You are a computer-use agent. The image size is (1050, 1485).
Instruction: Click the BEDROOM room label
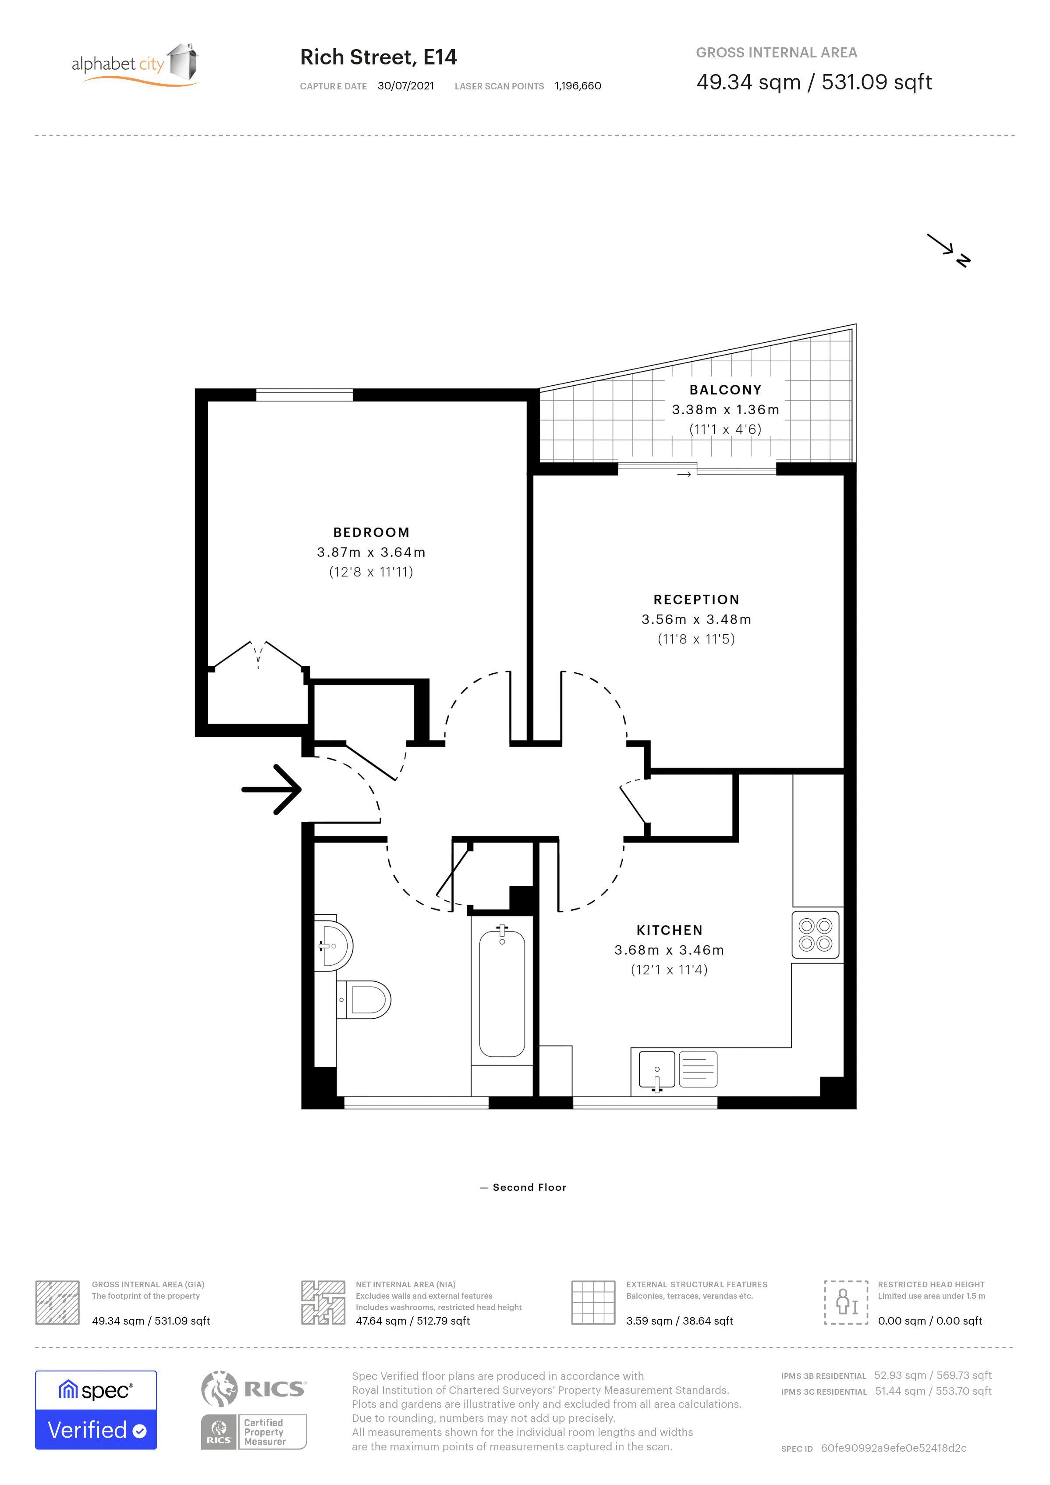(371, 532)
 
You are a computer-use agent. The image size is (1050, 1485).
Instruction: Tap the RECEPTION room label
(696, 600)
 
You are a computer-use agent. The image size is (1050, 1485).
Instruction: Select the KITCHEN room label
(669, 930)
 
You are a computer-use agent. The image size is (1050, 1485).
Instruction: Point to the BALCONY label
(725, 389)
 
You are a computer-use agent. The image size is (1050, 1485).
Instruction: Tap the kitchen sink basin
(657, 1069)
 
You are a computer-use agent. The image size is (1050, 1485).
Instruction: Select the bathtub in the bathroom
(502, 993)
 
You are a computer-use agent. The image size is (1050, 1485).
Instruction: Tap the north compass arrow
(948, 250)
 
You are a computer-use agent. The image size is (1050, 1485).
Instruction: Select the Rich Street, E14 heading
(378, 57)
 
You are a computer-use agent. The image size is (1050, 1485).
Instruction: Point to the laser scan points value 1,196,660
(578, 86)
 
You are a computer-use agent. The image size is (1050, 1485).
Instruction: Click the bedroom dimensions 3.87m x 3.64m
(371, 552)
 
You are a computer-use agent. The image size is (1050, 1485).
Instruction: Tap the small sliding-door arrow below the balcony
(684, 475)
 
